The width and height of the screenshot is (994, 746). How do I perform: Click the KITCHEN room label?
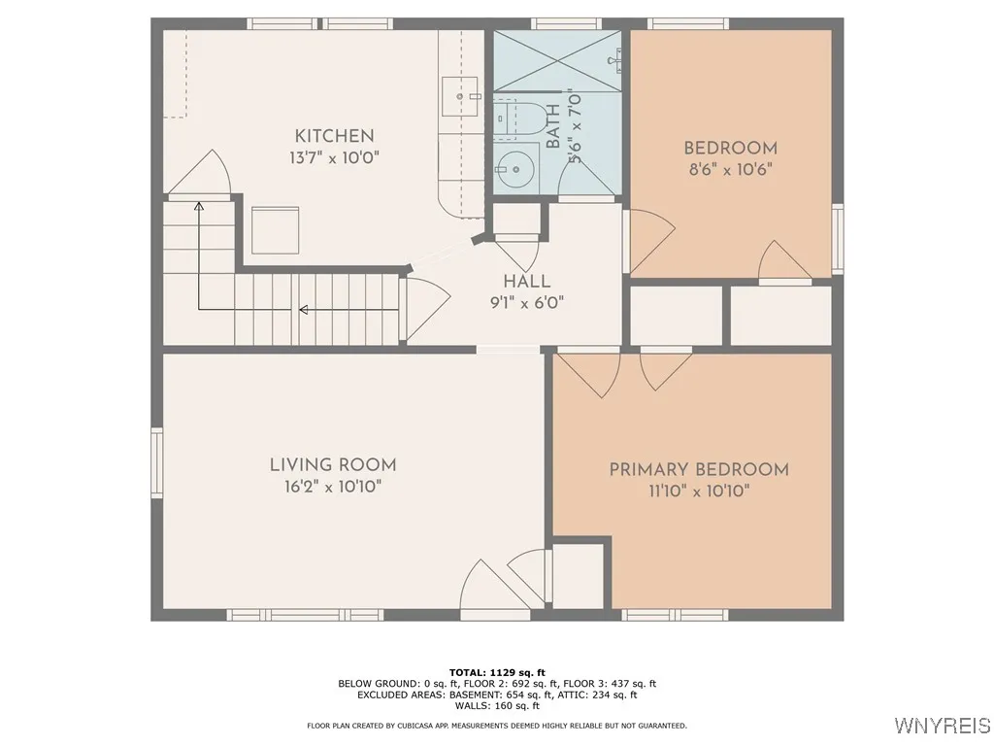pyautogui.click(x=334, y=136)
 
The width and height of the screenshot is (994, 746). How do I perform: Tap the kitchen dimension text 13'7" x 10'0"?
pyautogui.click(x=334, y=157)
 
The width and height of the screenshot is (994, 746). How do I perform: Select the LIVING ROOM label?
pyautogui.click(x=333, y=465)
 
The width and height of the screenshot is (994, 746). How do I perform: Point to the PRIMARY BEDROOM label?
pyautogui.click(x=699, y=470)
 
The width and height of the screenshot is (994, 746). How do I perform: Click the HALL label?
pyautogui.click(x=527, y=281)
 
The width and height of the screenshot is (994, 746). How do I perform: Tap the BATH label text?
pyautogui.click(x=552, y=126)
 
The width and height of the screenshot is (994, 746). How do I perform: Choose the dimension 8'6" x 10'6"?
pyautogui.click(x=730, y=168)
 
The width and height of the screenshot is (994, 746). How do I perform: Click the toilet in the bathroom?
pyautogui.click(x=511, y=118)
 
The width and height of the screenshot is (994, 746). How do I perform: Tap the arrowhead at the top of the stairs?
pyautogui.click(x=199, y=207)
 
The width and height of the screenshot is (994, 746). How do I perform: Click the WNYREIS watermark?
pyautogui.click(x=942, y=726)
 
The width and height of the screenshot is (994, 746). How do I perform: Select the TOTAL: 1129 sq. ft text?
pyautogui.click(x=497, y=672)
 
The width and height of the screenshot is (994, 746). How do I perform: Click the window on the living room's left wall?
pyautogui.click(x=156, y=465)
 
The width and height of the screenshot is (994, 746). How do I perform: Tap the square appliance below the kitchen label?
pyautogui.click(x=276, y=229)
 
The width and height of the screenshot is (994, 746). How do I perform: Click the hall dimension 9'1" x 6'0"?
pyautogui.click(x=527, y=301)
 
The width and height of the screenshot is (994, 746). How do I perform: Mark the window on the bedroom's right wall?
pyautogui.click(x=838, y=239)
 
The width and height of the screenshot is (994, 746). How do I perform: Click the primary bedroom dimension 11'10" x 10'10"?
pyautogui.click(x=699, y=492)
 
